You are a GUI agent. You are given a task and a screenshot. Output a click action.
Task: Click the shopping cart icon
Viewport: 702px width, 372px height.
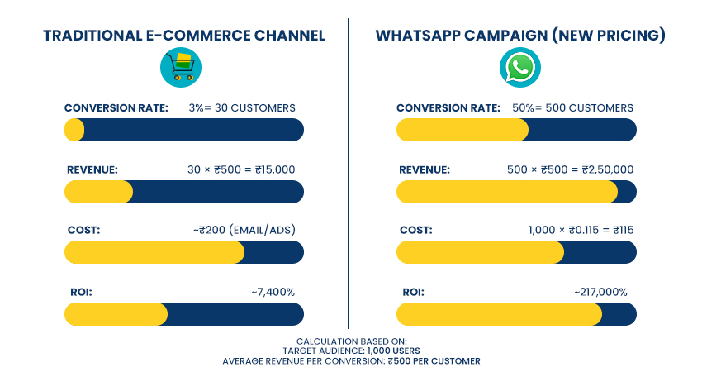180,67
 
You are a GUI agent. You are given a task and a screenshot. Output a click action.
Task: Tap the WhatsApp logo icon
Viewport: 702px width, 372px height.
520,68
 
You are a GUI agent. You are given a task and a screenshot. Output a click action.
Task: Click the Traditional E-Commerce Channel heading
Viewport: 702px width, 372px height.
183,36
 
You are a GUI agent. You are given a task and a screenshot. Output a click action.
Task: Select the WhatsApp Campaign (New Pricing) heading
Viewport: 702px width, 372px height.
520,36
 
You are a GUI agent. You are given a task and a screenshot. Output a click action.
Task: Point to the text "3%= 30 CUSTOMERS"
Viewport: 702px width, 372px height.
241,107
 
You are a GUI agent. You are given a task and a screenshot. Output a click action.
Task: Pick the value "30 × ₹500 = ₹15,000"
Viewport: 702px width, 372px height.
241,169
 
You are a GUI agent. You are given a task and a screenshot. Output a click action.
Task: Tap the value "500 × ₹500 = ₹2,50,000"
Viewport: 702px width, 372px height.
570,169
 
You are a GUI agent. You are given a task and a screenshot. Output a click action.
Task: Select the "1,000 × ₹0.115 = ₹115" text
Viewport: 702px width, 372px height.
581,230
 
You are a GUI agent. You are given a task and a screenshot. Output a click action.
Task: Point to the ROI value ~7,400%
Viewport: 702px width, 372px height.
273,292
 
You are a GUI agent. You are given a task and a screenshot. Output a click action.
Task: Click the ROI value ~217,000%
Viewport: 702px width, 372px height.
600,292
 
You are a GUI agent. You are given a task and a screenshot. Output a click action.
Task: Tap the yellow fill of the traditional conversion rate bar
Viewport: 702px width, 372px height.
74,130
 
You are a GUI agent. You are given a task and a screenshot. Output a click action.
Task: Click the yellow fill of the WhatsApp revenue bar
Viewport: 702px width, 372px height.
505,192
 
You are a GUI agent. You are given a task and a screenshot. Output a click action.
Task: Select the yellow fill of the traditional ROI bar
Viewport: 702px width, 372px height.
116,314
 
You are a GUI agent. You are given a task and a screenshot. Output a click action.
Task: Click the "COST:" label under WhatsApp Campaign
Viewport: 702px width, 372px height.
415,230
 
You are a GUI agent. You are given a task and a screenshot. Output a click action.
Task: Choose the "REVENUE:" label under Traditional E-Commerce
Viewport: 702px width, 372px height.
92,169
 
